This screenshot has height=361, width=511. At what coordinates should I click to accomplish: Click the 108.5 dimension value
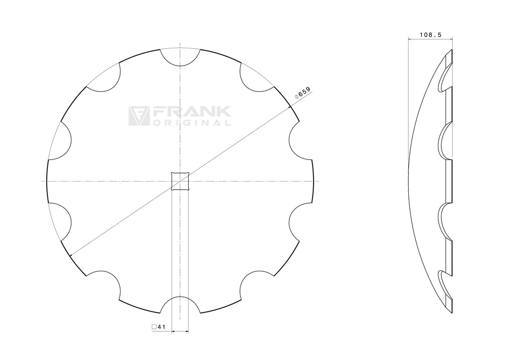point(430,34)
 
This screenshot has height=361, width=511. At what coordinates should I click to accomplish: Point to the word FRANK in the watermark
point(192,112)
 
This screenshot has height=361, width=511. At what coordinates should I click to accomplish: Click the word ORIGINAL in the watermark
point(192,122)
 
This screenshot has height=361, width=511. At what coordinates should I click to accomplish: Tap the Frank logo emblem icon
point(138,115)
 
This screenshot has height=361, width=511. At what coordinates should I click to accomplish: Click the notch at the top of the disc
point(181,57)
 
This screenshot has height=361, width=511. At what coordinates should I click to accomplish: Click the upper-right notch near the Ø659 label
point(254,78)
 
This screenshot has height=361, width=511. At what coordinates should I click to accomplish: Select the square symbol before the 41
point(154,326)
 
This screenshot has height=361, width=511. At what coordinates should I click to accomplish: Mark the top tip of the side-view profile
point(452,50)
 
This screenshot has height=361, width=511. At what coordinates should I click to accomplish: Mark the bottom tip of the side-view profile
point(452,312)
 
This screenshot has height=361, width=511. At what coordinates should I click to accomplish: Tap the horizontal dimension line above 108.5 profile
point(430,39)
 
